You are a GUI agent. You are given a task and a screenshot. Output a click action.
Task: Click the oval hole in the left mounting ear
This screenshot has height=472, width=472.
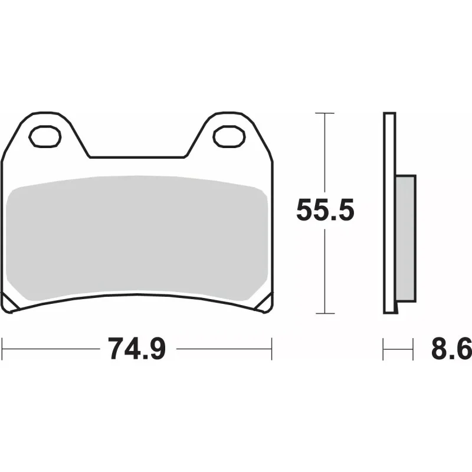pos(45,136)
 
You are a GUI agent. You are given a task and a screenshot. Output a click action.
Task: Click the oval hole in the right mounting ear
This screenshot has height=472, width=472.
pos(229,136)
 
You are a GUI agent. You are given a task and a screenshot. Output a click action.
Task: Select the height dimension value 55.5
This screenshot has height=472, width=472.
pos(325,211)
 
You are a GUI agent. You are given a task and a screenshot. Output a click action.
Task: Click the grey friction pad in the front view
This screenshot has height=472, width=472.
pos(139,236)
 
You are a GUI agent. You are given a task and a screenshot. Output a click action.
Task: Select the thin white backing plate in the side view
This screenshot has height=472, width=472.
pos(389,212)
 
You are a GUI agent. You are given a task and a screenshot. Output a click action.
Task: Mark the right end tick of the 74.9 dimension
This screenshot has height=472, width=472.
pos(271,349)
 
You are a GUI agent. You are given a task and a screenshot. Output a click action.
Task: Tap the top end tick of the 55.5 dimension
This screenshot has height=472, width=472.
pos(325,112)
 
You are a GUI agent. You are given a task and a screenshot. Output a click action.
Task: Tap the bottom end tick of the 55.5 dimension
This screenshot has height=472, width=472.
pos(325,313)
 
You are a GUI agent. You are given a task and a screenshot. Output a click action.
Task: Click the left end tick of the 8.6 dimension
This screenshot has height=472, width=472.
pos(384,349)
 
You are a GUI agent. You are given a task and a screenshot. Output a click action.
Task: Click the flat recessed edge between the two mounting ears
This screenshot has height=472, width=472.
pos(137,158)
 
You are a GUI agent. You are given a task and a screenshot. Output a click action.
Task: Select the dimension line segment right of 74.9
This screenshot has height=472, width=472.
pos(224,349)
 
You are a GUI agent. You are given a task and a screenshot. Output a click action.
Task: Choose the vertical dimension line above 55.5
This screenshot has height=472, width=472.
pos(325,153)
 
